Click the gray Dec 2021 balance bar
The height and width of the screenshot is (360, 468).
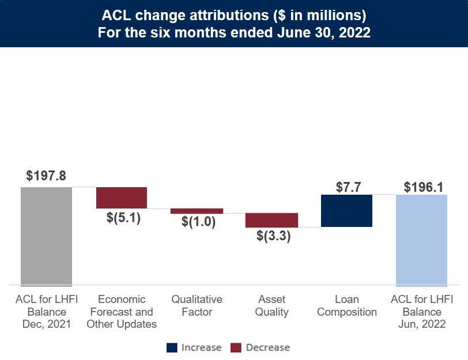46,236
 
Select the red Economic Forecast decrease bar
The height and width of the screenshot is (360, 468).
122,198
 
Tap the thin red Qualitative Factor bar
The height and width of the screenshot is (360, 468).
197,211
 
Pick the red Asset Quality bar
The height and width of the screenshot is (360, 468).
271,220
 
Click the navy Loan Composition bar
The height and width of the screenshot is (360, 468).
346,211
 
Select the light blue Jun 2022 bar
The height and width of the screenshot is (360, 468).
421,240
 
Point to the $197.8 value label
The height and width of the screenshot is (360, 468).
46,176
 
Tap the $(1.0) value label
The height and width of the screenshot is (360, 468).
198,222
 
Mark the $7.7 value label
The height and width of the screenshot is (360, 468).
348,187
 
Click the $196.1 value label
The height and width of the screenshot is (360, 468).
424,187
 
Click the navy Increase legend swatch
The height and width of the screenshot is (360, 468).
172,347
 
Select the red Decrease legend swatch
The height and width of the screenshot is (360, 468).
236,347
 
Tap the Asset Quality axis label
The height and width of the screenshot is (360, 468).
272,306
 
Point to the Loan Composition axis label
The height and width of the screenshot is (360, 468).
347,306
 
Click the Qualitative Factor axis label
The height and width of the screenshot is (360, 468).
197,306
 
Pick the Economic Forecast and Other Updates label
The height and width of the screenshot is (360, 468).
122,312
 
